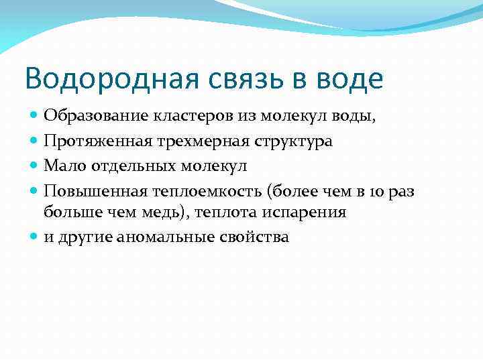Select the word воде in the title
coord(352,78)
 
